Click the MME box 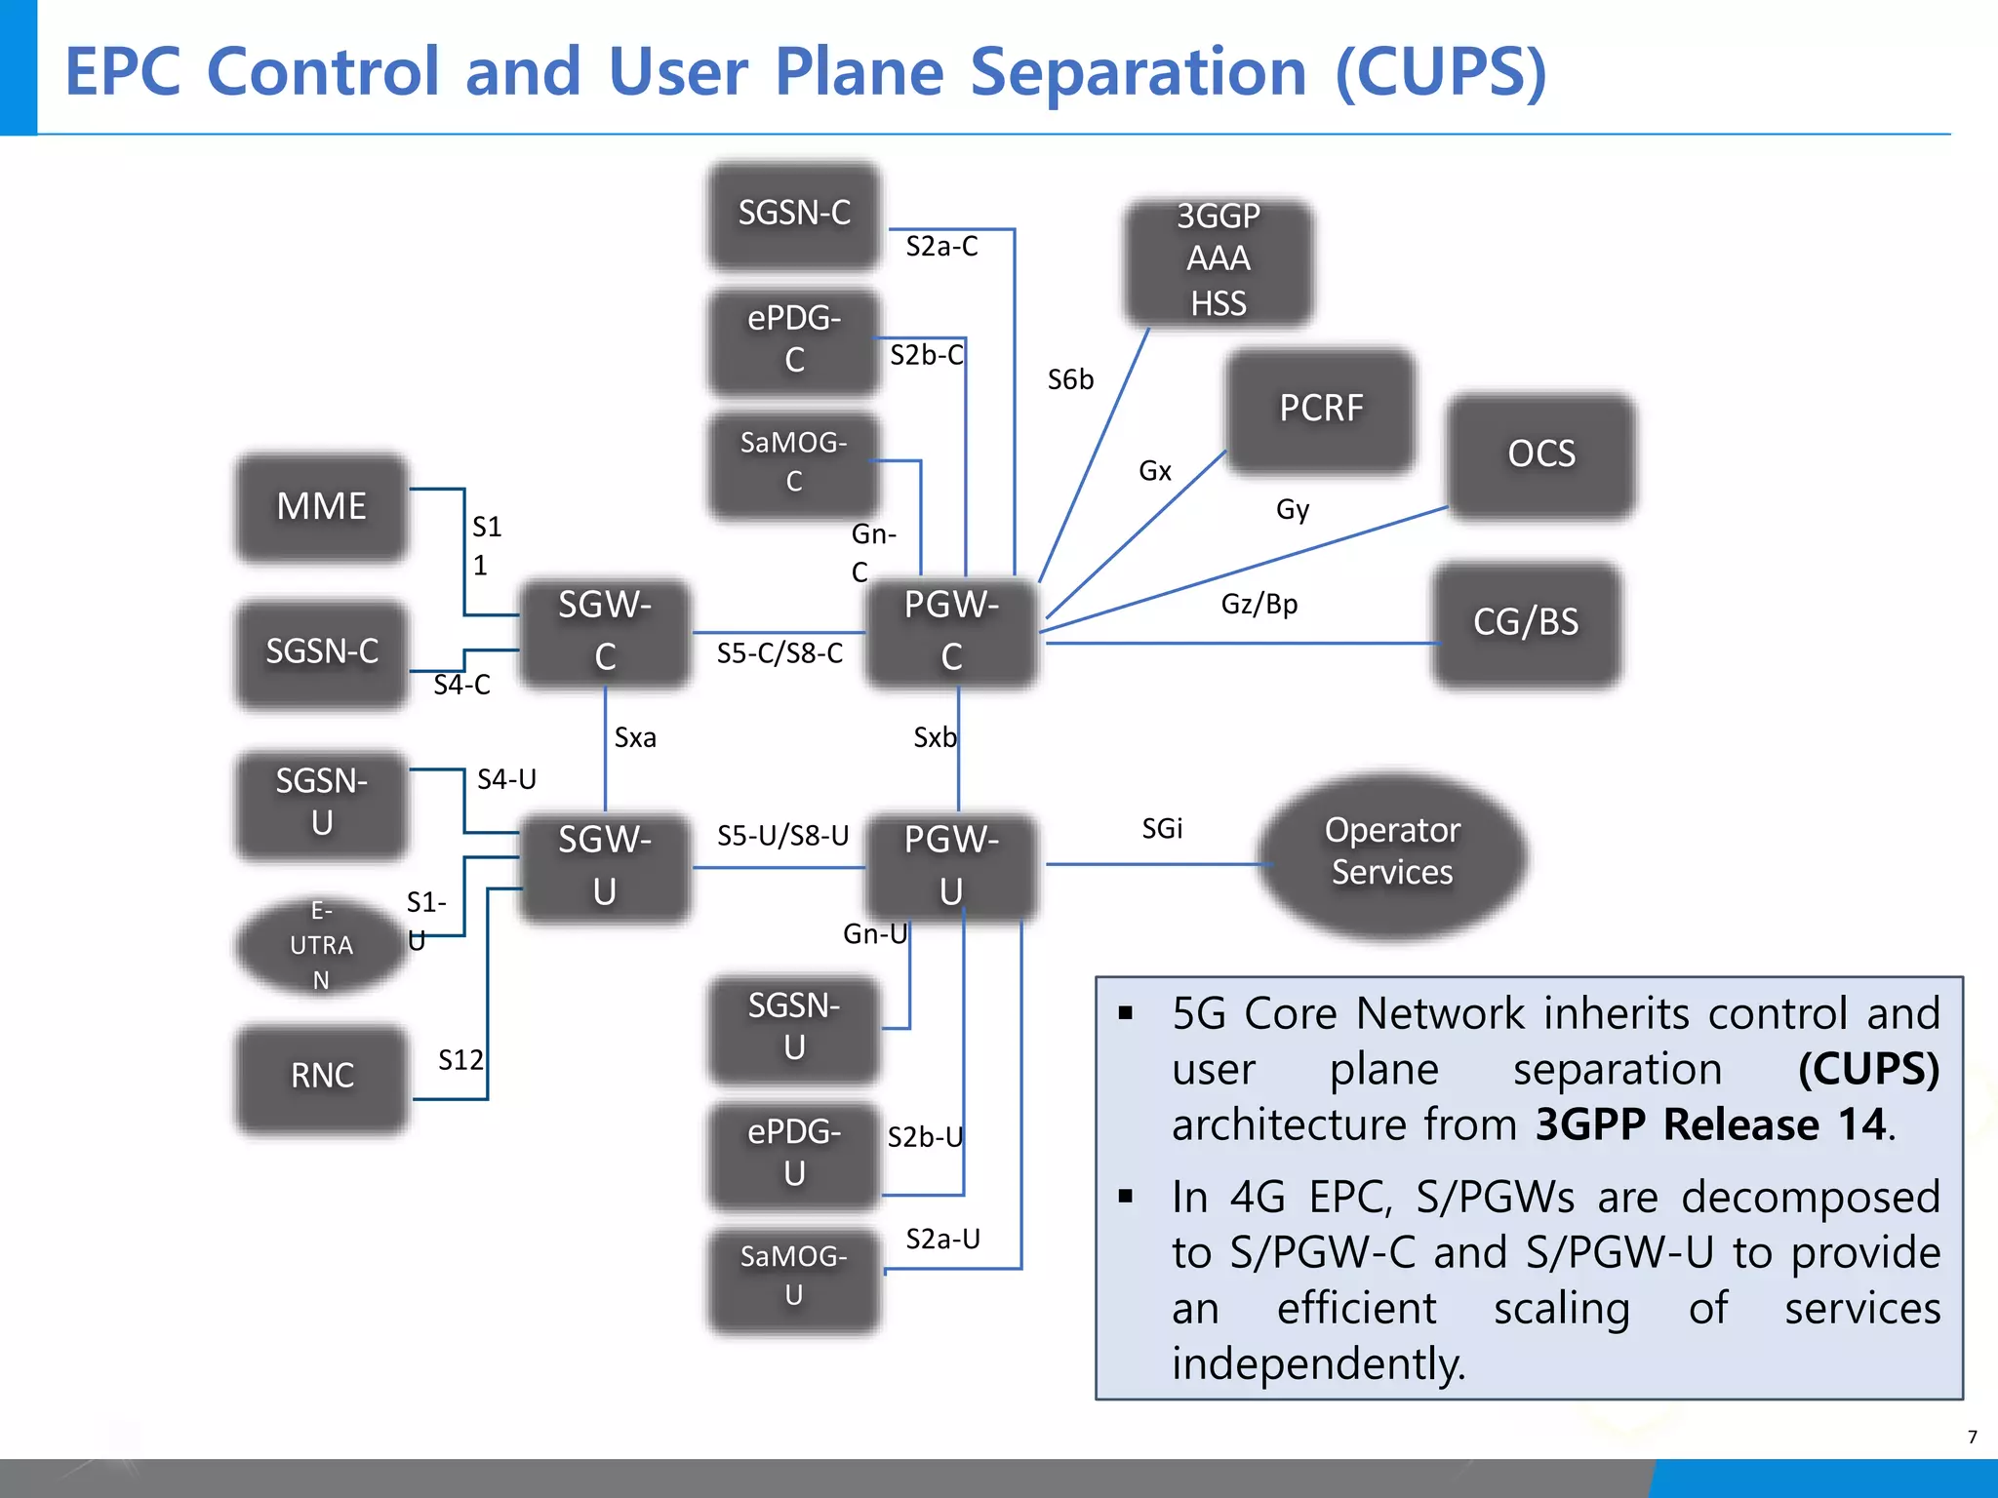[322, 506]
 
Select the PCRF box [1320, 409]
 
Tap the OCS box [1540, 453]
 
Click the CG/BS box [1525, 622]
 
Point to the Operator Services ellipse [1392, 851]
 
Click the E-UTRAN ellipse [321, 945]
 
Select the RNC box [322, 1076]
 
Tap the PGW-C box [951, 631]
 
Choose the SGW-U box [605, 866]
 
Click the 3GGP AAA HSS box [1218, 259]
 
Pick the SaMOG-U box [794, 1276]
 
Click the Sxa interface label [635, 738]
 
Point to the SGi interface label [1162, 829]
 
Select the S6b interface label [1070, 380]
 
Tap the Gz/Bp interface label [1259, 605]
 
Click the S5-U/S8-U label [782, 836]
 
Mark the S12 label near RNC [460, 1060]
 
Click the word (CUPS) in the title [1440, 72]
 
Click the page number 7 [1972, 1437]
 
